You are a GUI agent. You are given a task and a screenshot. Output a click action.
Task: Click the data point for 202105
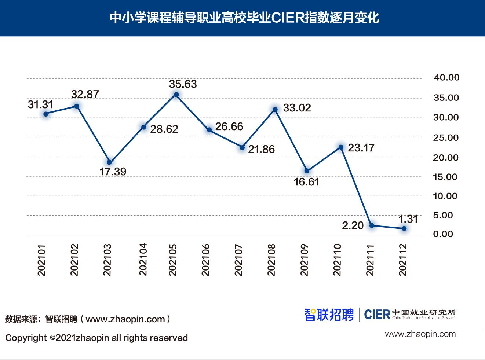pyautogui.click(x=176, y=95)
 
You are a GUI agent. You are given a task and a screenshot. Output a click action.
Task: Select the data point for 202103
pyautogui.click(x=109, y=162)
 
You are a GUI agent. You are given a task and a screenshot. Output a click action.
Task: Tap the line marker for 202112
pyautogui.click(x=404, y=228)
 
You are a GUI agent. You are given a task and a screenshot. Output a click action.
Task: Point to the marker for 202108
pyautogui.click(x=275, y=110)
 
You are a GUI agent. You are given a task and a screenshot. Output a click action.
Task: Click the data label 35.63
pyautogui.click(x=183, y=84)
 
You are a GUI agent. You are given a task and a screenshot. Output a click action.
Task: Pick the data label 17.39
pyautogui.click(x=113, y=172)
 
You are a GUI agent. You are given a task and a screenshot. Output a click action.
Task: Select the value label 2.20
pyautogui.click(x=353, y=225)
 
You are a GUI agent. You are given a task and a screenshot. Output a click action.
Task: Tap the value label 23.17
pyautogui.click(x=361, y=148)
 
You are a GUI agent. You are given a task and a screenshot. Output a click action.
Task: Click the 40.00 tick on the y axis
pyautogui.click(x=446, y=77)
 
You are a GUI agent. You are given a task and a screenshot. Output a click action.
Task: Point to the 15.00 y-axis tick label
pyautogui.click(x=445, y=177)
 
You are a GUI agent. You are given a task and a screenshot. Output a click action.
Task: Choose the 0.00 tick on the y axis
pyautogui.click(x=443, y=234)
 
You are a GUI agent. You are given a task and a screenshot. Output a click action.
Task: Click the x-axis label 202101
pyautogui.click(x=42, y=260)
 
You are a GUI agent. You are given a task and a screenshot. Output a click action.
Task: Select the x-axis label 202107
pyautogui.click(x=238, y=260)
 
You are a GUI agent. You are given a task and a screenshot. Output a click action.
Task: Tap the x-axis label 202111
pyautogui.click(x=370, y=260)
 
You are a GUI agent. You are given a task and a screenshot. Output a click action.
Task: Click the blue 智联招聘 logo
pyautogui.click(x=329, y=315)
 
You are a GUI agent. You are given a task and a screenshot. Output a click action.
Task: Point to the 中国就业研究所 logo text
pyautogui.click(x=424, y=313)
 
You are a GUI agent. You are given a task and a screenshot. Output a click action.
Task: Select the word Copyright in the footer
pyautogui.click(x=26, y=338)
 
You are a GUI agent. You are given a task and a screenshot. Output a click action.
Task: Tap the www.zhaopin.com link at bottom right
pyautogui.click(x=420, y=334)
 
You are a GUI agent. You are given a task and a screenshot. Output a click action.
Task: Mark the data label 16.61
pyautogui.click(x=306, y=182)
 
